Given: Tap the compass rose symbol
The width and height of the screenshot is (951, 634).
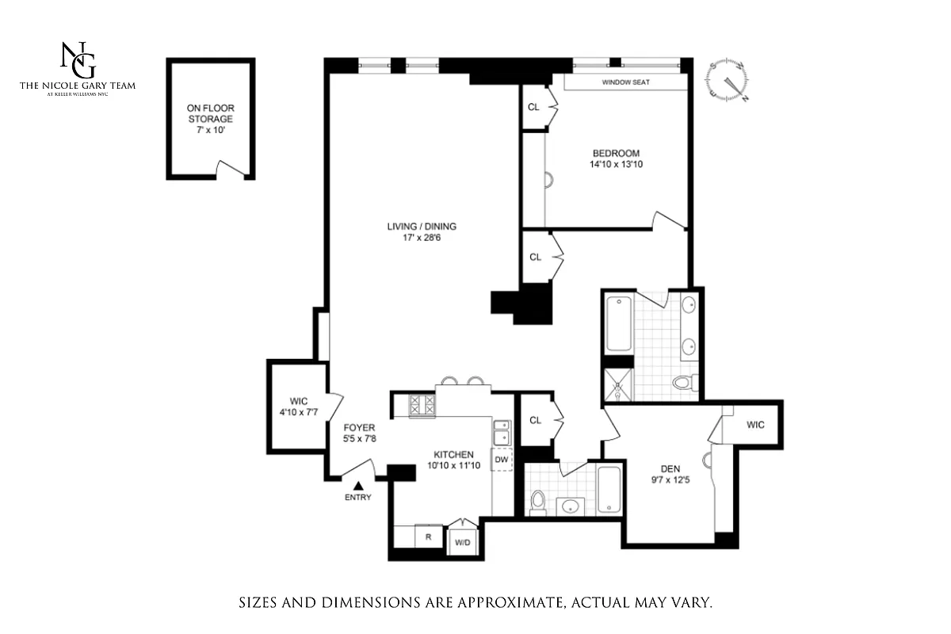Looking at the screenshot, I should pyautogui.click(x=728, y=81).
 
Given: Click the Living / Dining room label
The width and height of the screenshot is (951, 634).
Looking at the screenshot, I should pyautogui.click(x=422, y=227).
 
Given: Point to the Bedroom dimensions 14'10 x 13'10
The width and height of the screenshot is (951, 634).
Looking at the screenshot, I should pyautogui.click(x=615, y=165).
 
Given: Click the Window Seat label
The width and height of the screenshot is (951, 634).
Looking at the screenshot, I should pyautogui.click(x=626, y=82).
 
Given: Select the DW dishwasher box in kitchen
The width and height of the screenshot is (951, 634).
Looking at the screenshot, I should pyautogui.click(x=501, y=459).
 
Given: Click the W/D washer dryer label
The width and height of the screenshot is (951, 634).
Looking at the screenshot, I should pyautogui.click(x=461, y=542).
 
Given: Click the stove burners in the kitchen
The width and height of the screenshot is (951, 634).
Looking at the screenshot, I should pyautogui.click(x=422, y=406).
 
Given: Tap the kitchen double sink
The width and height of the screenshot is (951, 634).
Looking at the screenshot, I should pyautogui.click(x=501, y=433).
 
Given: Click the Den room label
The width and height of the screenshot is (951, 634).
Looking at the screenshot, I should pyautogui.click(x=671, y=468).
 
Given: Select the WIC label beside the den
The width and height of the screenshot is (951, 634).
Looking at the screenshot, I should pyautogui.click(x=755, y=425).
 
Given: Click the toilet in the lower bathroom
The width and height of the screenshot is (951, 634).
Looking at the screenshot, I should pyautogui.click(x=538, y=502).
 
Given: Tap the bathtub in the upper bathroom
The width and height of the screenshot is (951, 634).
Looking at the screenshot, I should pyautogui.click(x=619, y=323).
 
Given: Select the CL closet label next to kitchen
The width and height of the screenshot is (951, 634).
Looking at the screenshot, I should pyautogui.click(x=535, y=420).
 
